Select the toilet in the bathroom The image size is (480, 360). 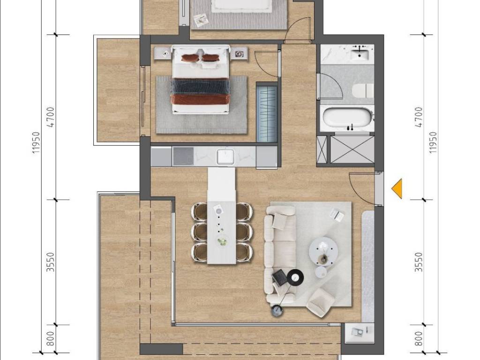[363, 91]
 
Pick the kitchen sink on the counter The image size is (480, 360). [225, 156]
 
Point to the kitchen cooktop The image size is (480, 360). [183, 156]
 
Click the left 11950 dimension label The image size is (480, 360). [36, 142]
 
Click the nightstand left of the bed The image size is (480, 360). [163, 53]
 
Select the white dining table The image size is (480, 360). [222, 216]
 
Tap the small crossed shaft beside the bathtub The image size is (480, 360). [322, 150]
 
